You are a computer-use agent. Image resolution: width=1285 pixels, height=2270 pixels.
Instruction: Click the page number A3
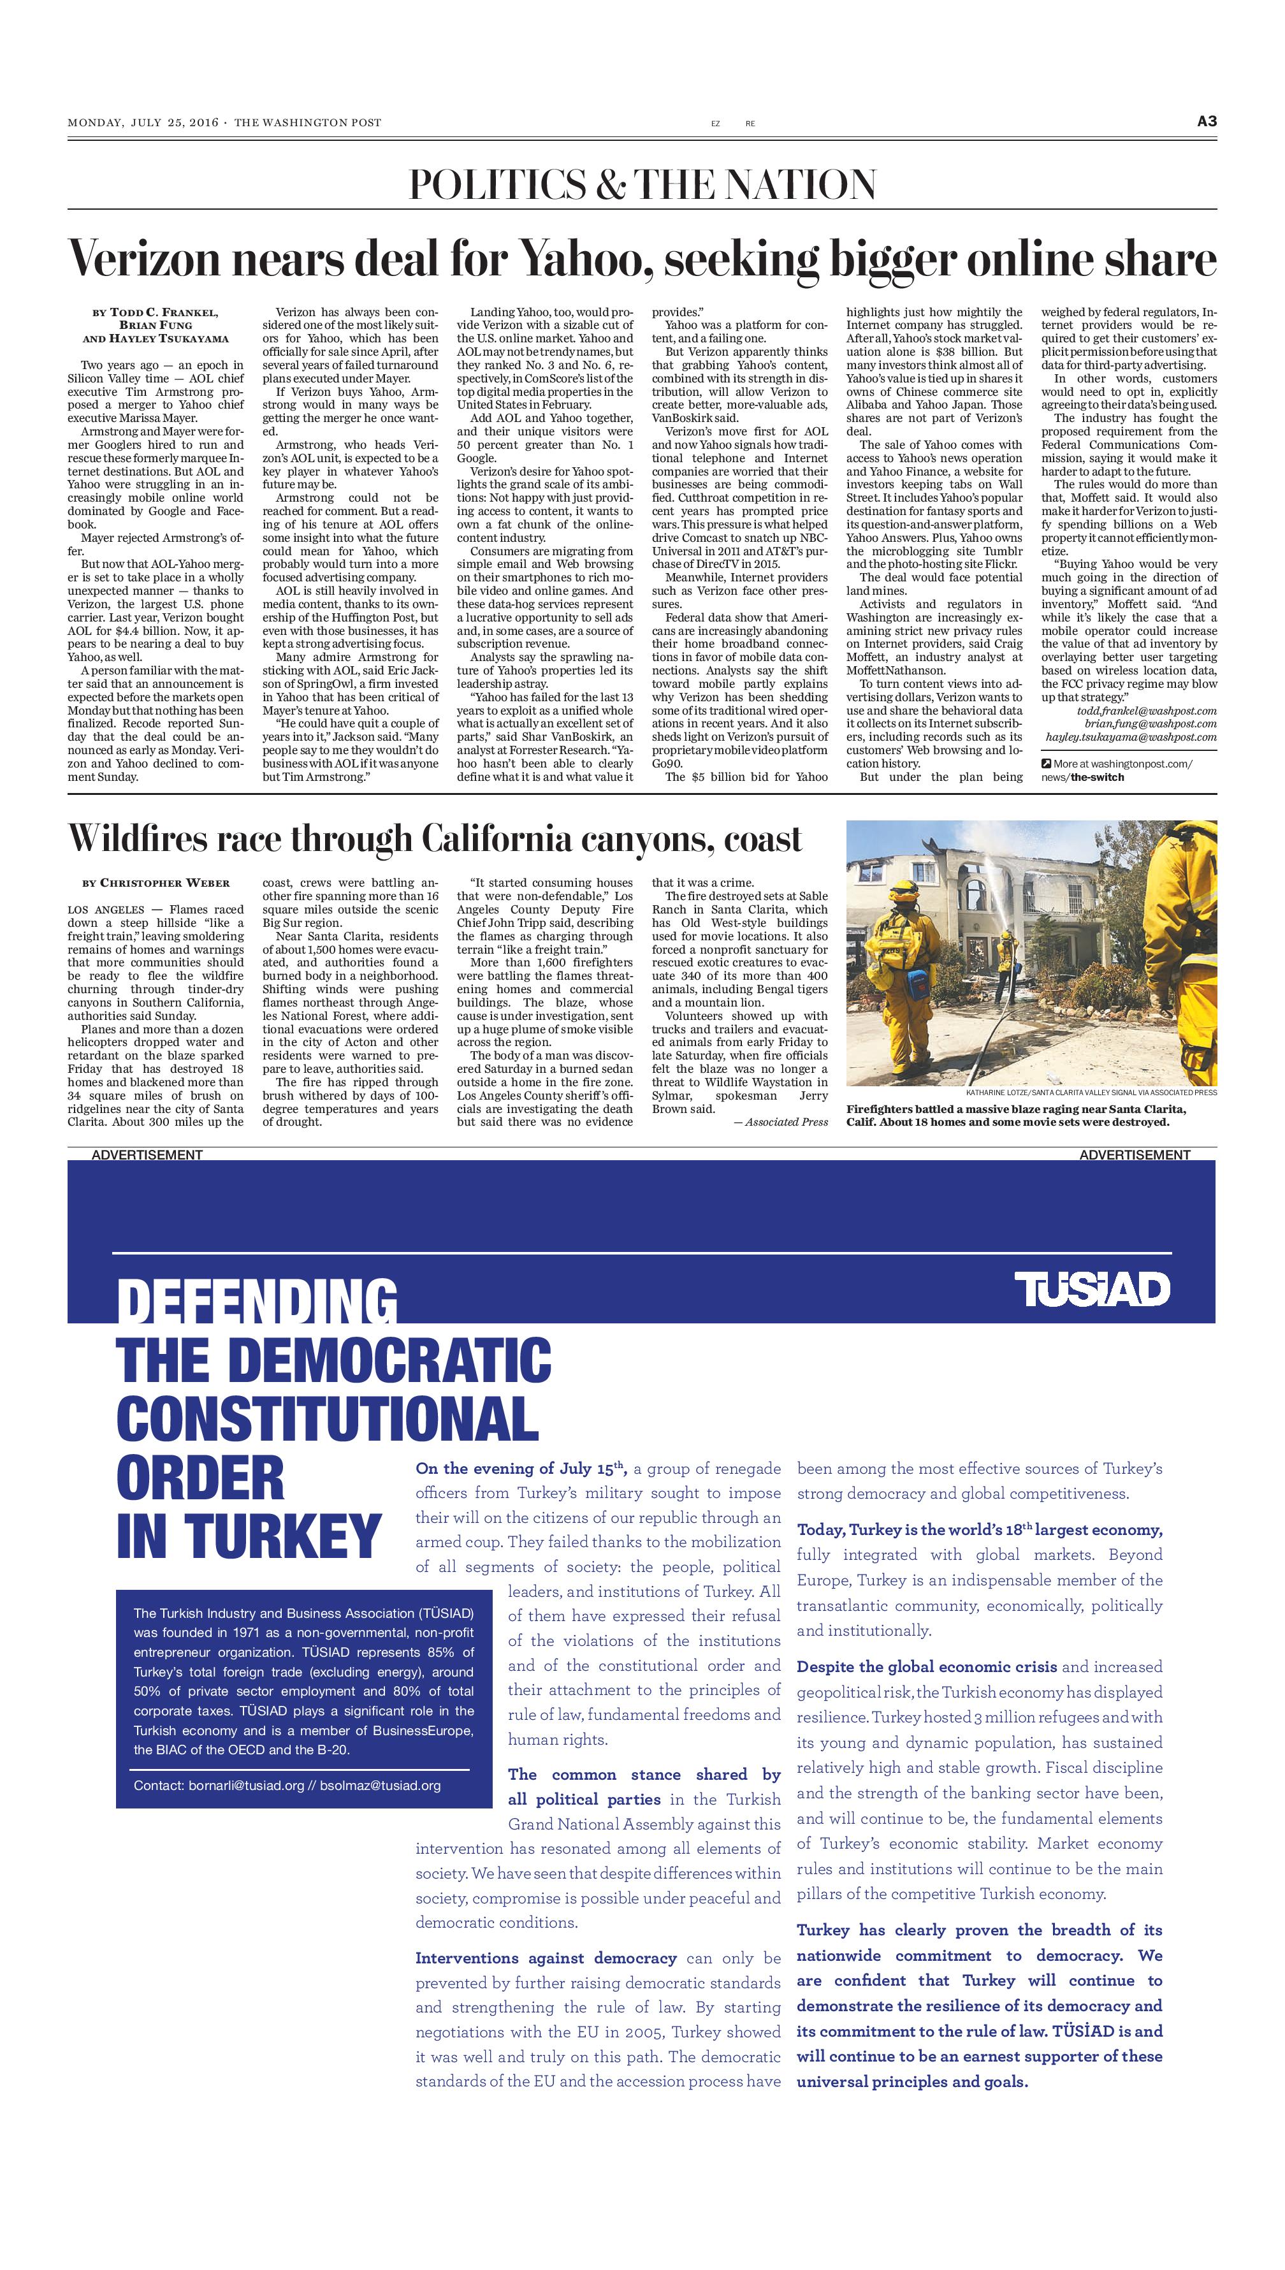coord(1207,122)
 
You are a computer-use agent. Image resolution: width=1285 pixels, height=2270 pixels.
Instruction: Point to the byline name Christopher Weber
coord(164,883)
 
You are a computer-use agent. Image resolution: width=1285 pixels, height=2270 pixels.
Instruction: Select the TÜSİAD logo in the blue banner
coord(1092,1290)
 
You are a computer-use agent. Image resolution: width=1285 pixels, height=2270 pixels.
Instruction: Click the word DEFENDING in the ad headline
coord(257,1301)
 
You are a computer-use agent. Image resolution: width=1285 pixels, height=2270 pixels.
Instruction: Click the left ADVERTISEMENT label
coord(147,1154)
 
